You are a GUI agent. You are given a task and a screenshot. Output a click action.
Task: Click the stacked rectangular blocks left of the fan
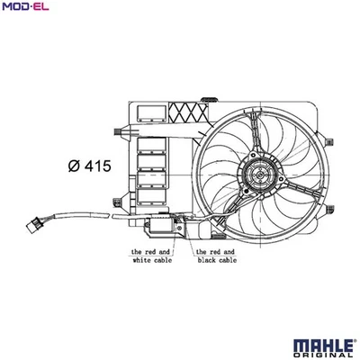(x=152, y=171)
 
